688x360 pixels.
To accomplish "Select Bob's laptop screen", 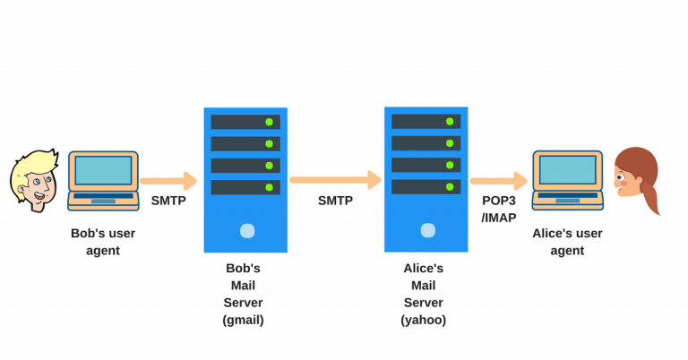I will click(102, 169).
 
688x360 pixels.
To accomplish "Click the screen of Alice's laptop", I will click(566, 168).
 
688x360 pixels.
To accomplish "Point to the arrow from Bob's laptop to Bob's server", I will click(168, 180).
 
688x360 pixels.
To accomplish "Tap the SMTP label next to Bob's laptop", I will click(168, 201).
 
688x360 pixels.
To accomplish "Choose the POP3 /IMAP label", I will click(499, 209).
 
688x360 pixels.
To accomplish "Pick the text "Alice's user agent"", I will click(567, 242).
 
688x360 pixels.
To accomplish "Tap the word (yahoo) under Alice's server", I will click(426, 320).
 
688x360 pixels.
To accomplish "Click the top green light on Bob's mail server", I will click(269, 122).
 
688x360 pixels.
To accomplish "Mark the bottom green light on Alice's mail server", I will click(450, 186).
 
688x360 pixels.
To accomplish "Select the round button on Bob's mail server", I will click(245, 231).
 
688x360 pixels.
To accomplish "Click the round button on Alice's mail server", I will click(426, 230).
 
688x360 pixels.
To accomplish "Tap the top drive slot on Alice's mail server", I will click(426, 121).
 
